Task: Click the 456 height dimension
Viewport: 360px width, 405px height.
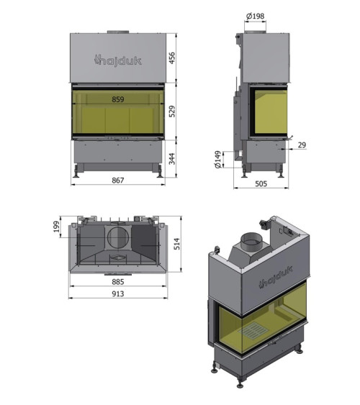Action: click(x=172, y=58)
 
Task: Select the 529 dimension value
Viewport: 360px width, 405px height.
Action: click(x=172, y=112)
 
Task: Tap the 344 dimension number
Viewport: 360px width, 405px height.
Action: click(x=172, y=158)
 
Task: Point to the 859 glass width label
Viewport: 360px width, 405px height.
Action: click(x=118, y=99)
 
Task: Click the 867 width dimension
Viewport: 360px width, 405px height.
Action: click(x=118, y=180)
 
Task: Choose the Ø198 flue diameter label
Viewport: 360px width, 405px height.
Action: click(x=256, y=17)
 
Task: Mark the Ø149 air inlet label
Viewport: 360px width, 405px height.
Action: click(x=218, y=160)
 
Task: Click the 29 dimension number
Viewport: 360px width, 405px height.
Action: click(x=302, y=145)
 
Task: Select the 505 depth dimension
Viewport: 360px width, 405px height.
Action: click(x=261, y=183)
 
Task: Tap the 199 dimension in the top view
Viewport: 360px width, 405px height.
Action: click(x=57, y=227)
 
